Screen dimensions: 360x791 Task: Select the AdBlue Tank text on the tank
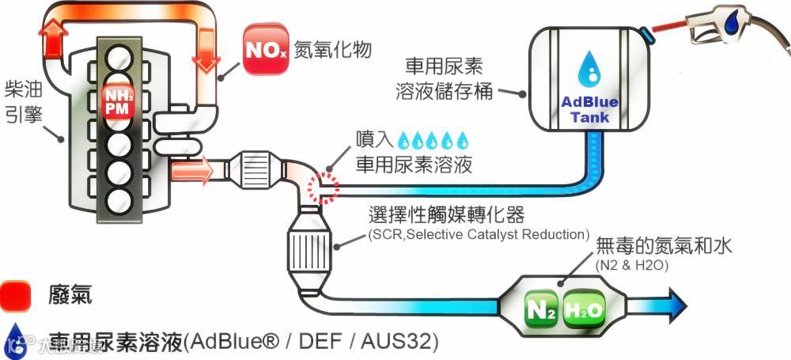tap(589, 109)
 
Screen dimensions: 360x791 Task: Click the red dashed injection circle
tap(323, 187)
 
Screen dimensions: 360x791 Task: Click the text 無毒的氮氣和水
tap(664, 247)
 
